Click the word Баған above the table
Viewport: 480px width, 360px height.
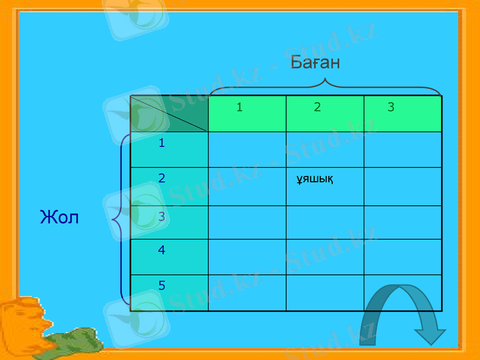tap(315, 62)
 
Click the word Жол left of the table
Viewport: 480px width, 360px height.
tap(59, 217)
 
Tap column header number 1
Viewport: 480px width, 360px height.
tap(239, 107)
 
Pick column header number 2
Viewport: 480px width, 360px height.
tap(317, 107)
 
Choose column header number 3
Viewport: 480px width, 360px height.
tap(391, 107)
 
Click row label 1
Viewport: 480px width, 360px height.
tap(162, 143)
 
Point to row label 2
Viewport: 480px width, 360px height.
tap(162, 178)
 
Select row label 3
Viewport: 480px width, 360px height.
tap(162, 216)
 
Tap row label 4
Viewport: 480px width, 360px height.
tap(162, 250)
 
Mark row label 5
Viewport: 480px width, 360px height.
tap(162, 286)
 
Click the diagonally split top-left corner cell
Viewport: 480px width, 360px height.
tap(169, 113)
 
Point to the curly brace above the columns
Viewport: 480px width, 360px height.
tap(325, 86)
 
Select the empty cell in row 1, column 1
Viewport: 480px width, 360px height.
tap(247, 149)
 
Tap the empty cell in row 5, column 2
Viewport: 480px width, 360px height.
tap(325, 293)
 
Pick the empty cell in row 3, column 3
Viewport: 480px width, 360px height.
tap(403, 223)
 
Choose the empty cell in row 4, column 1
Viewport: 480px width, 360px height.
tap(247, 257)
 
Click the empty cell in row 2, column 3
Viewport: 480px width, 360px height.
tap(403, 187)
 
